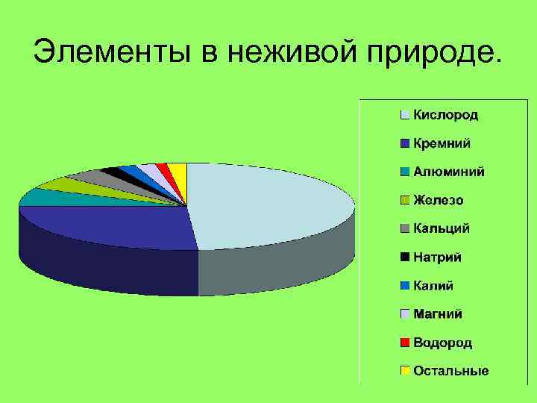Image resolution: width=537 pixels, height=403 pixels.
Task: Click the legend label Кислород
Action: click(446, 115)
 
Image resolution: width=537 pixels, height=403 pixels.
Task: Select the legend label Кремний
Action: click(442, 143)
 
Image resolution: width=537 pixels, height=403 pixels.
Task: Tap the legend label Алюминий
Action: click(449, 172)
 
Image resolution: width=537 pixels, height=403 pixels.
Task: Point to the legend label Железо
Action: click(439, 200)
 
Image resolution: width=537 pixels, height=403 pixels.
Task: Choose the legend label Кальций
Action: click(442, 228)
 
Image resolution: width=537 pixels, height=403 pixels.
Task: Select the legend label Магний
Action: click(438, 314)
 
